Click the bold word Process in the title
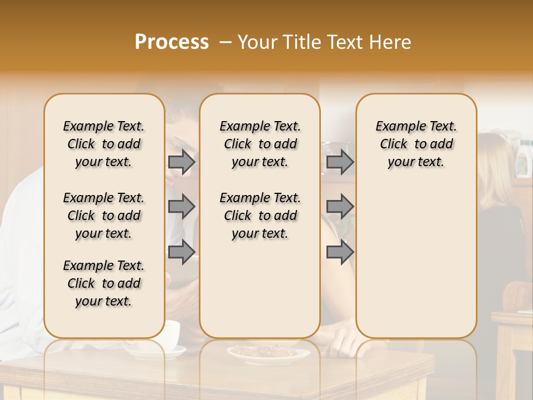(x=172, y=42)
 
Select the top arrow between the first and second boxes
(x=182, y=162)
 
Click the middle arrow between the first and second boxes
(x=182, y=207)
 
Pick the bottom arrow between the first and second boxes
(x=182, y=252)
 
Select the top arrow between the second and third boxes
(x=340, y=162)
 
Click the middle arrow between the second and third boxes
(x=340, y=207)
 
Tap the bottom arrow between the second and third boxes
(x=340, y=252)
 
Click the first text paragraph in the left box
(x=104, y=144)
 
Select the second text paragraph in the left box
(x=104, y=216)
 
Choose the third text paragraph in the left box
(x=104, y=283)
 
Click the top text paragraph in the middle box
(x=260, y=144)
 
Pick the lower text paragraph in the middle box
(x=260, y=216)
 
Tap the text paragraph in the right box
(x=416, y=144)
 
